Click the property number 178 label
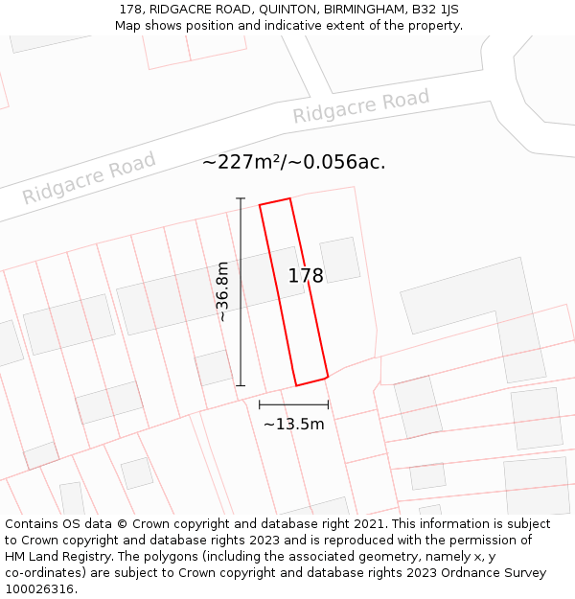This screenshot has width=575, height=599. (306, 276)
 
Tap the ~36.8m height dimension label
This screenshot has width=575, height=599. (223, 291)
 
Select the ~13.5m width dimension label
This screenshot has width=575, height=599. (293, 424)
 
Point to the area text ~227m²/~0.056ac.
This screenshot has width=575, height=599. (293, 162)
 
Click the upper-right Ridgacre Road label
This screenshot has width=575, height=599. (361, 106)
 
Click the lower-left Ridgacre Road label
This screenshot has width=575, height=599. (89, 178)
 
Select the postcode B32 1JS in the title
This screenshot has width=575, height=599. (435, 9)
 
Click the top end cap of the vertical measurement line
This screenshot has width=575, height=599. (241, 198)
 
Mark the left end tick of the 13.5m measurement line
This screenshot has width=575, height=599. (259, 405)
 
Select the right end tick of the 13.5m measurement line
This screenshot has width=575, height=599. (328, 405)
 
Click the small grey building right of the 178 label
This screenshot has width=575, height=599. (340, 259)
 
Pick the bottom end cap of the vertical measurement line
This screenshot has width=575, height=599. (241, 385)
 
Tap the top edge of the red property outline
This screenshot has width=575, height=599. (275, 201)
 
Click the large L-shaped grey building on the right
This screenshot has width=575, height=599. (479, 307)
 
